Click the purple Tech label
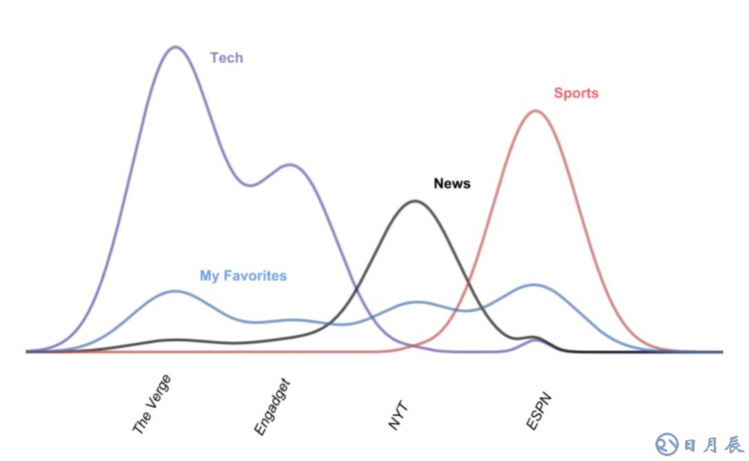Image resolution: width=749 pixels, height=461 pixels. pyautogui.click(x=227, y=58)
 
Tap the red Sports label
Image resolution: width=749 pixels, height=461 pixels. pyautogui.click(x=576, y=93)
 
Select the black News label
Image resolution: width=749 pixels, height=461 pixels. pyautogui.click(x=451, y=184)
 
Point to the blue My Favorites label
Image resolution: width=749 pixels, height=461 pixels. pyautogui.click(x=243, y=276)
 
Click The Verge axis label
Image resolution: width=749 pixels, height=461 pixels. pyautogui.click(x=151, y=405)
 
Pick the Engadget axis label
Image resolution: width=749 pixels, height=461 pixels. pyautogui.click(x=271, y=408)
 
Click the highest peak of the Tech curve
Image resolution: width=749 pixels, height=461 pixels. pyautogui.click(x=175, y=47)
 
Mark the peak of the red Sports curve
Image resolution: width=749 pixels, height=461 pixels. pyautogui.click(x=535, y=110)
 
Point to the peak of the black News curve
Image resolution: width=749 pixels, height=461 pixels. pyautogui.click(x=415, y=201)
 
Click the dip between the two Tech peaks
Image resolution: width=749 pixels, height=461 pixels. pyautogui.click(x=250, y=185)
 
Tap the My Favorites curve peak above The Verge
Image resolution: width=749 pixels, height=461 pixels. pyautogui.click(x=175, y=291)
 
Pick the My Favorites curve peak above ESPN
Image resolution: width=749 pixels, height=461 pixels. pyautogui.click(x=534, y=284)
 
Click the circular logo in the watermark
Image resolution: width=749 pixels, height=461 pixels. pyautogui.click(x=667, y=444)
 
